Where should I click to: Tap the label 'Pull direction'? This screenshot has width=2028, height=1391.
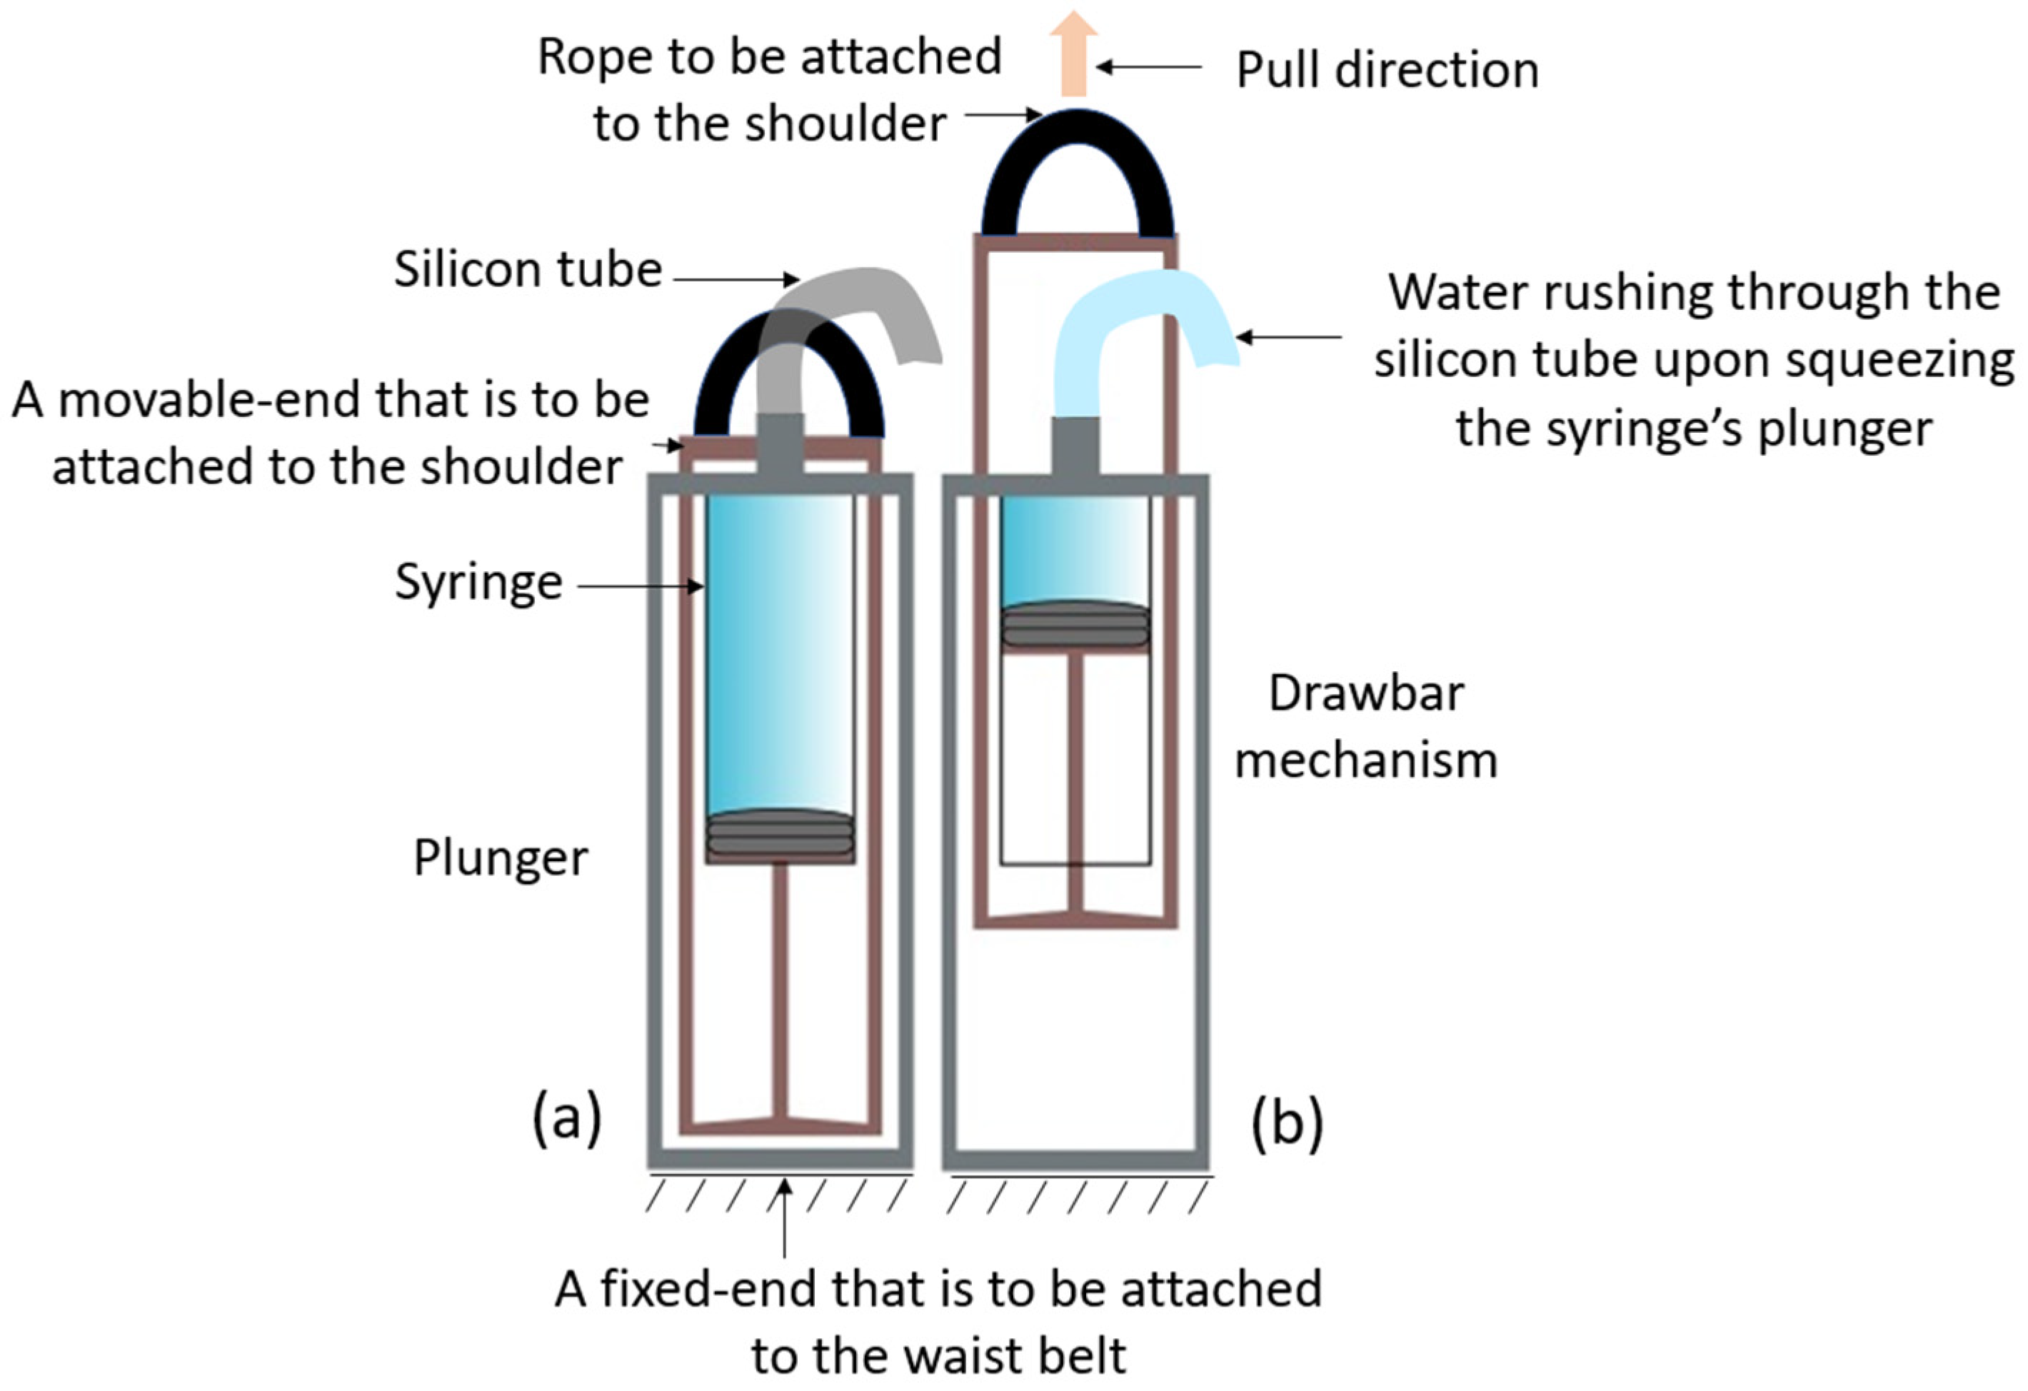tap(1387, 70)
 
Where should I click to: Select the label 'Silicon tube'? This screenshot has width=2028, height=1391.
tap(528, 268)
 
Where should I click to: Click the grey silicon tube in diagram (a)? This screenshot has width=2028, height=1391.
tap(881, 301)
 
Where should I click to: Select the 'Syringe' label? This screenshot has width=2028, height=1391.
tap(478, 582)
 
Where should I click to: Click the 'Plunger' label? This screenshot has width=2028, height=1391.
tap(500, 858)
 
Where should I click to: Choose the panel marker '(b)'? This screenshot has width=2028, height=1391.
tap(1287, 1123)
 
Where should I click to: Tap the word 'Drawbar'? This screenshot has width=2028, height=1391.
tap(1365, 694)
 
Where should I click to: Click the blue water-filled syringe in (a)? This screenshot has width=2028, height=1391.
tap(780, 655)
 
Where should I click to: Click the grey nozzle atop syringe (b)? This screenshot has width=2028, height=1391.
tap(1075, 446)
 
